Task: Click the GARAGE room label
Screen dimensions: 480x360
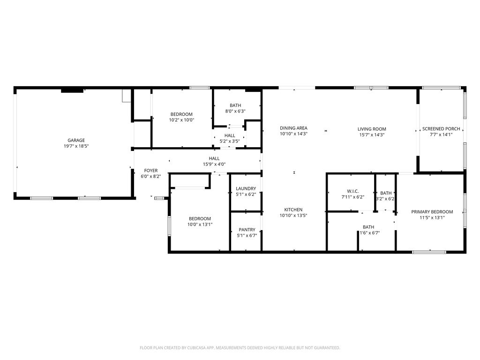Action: click(x=76, y=141)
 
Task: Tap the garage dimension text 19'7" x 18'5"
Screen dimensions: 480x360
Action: click(x=76, y=146)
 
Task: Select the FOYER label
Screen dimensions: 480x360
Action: click(x=151, y=171)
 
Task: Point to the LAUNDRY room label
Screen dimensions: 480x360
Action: click(x=246, y=188)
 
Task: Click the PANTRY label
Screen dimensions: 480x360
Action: click(x=247, y=230)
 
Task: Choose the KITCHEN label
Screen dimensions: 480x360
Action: click(x=293, y=210)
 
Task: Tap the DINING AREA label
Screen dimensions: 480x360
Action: click(x=293, y=128)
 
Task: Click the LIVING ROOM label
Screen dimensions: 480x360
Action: click(x=372, y=129)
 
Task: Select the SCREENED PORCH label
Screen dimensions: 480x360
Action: click(x=441, y=129)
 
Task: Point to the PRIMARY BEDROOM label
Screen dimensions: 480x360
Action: click(x=432, y=212)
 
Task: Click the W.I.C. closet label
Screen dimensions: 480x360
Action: click(x=353, y=191)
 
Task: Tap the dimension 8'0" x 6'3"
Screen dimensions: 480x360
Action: click(x=235, y=111)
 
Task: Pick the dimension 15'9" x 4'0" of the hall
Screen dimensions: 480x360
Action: click(x=214, y=164)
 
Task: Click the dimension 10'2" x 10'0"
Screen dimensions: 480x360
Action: click(x=181, y=120)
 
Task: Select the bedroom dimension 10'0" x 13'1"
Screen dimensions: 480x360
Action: click(x=200, y=225)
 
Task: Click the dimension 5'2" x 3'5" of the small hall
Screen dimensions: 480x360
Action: click(x=230, y=142)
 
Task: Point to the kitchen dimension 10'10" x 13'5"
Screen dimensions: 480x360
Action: click(x=293, y=216)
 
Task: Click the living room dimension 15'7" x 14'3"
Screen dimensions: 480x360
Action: click(x=372, y=135)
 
